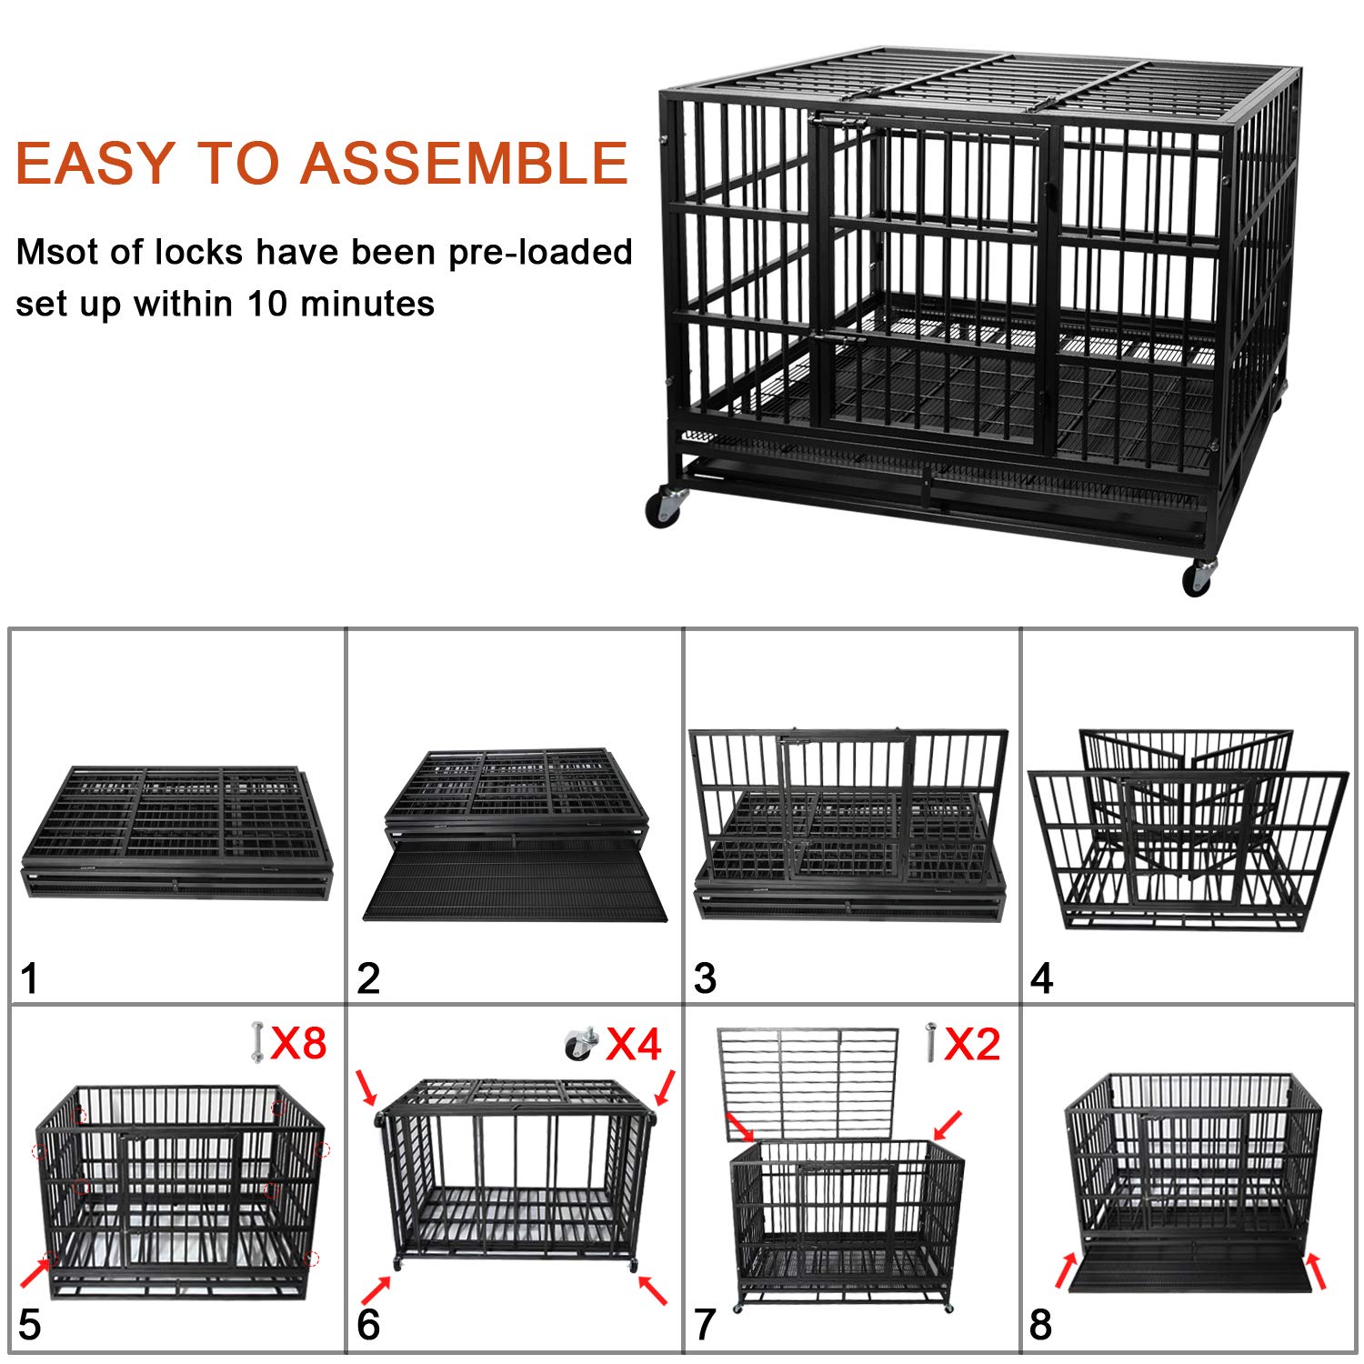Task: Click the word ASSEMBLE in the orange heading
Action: click(x=464, y=164)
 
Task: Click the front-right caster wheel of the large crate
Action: click(x=1197, y=578)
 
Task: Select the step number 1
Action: click(x=30, y=979)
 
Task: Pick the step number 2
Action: click(x=368, y=979)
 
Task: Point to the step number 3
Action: click(x=705, y=979)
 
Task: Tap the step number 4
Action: click(x=1042, y=979)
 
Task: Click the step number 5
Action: click(x=30, y=1325)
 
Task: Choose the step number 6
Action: click(x=368, y=1325)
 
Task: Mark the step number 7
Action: click(x=705, y=1325)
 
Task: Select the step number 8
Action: click(x=1041, y=1325)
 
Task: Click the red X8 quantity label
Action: click(x=299, y=1043)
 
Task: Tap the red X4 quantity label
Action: click(x=634, y=1044)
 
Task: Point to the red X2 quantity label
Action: click(x=972, y=1044)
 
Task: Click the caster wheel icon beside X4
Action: click(x=579, y=1044)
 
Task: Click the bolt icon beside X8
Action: click(x=256, y=1042)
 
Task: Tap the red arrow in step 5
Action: click(x=35, y=1270)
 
